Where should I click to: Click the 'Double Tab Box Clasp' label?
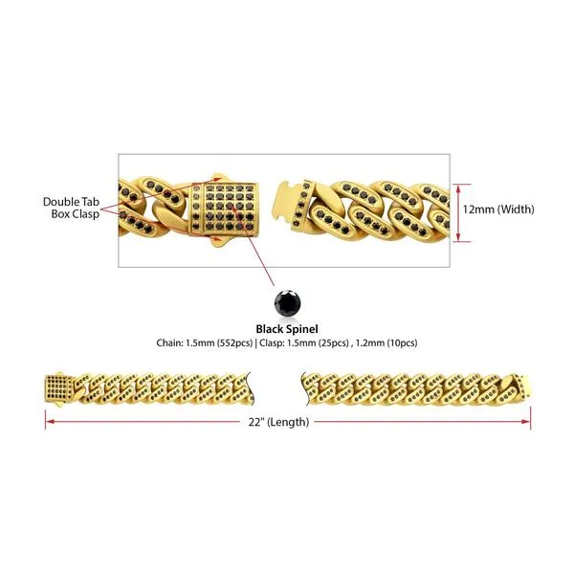tap(71, 208)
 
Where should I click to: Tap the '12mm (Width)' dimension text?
tap(498, 209)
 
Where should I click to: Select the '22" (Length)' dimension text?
tap(278, 422)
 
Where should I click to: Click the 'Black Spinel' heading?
tap(287, 329)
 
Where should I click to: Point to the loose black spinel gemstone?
tap(287, 302)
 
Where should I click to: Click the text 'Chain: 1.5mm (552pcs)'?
tap(205, 343)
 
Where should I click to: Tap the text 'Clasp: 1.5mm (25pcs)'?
tap(304, 343)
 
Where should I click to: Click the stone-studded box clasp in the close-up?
tap(224, 209)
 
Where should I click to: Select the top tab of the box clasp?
tap(218, 178)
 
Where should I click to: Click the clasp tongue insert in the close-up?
tap(286, 202)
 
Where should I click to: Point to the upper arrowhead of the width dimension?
tap(458, 187)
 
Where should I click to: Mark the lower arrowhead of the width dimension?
tap(458, 238)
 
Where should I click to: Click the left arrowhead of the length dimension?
tap(49, 422)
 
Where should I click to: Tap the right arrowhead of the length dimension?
tap(527, 422)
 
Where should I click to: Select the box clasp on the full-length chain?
tap(59, 387)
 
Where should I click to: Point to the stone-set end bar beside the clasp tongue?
tap(301, 205)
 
